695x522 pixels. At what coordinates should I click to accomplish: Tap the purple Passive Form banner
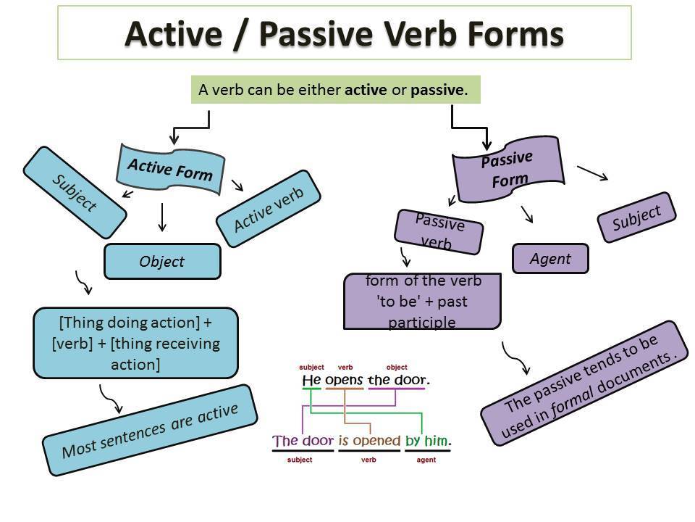pos(508,169)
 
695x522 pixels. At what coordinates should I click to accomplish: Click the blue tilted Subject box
pos(75,192)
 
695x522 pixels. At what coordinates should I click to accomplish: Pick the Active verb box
pos(268,209)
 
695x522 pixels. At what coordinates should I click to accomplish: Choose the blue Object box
pos(162,262)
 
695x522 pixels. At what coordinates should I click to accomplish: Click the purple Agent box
pos(550,258)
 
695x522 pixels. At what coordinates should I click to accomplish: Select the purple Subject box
pos(636,217)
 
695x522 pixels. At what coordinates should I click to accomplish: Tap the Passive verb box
pos(439,232)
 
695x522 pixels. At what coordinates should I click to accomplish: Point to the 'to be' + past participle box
pos(422,302)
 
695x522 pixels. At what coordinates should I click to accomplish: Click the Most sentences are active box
pos(150,430)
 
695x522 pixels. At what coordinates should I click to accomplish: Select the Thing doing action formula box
pos(135,343)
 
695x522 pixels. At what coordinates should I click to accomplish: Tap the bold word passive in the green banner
pos(437,90)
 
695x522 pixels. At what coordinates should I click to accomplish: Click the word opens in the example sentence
pos(344,380)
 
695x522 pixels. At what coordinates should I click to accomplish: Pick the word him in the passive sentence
pos(436,440)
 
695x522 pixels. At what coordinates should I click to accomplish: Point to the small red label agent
pos(426,460)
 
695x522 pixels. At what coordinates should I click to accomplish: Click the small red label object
pos(397,367)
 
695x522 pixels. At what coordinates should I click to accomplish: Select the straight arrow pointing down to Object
pos(162,217)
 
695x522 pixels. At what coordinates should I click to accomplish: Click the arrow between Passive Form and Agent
pos(527,214)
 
